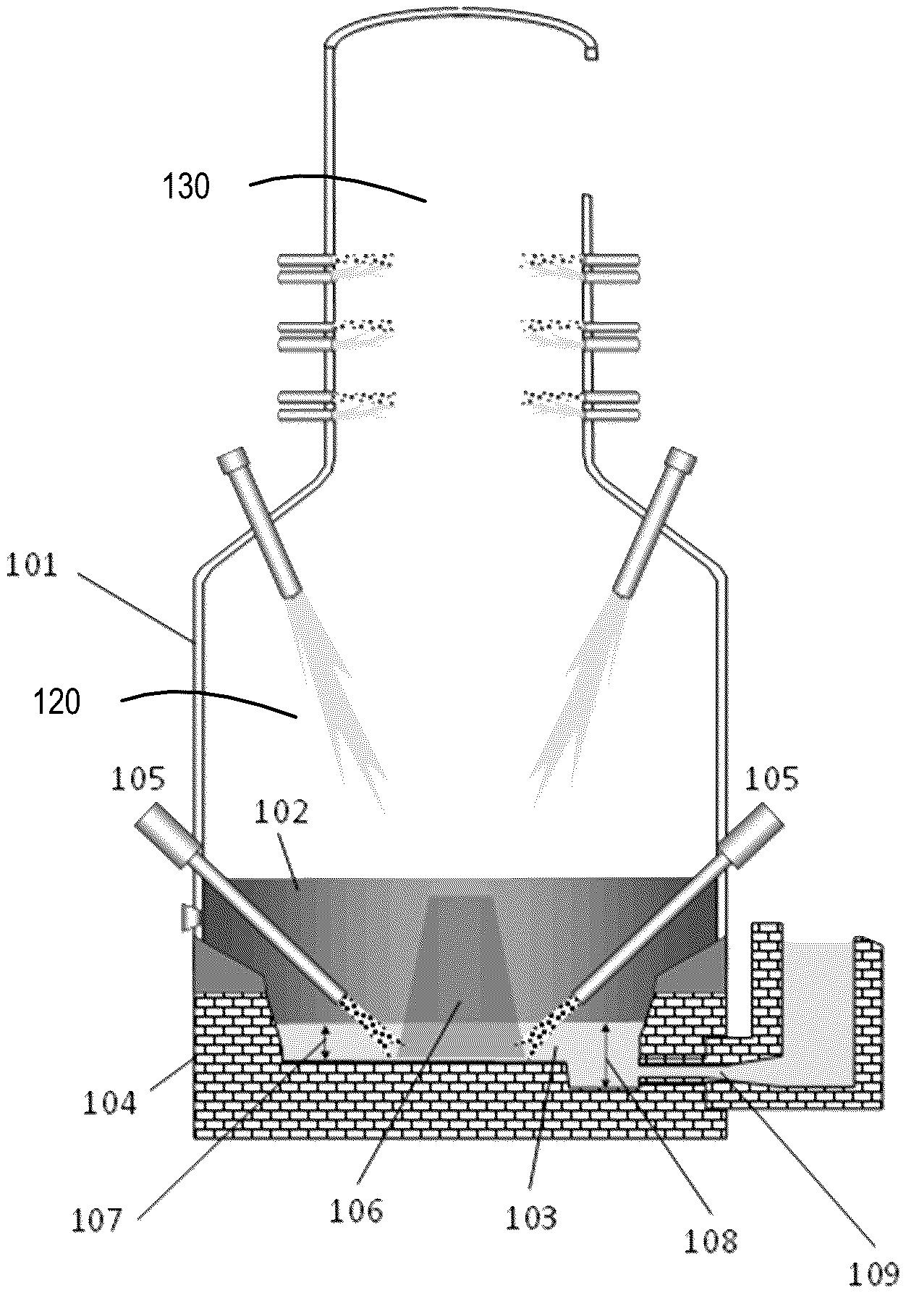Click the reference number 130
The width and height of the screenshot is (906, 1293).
(x=185, y=187)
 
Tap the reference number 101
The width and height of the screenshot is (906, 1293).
(x=32, y=565)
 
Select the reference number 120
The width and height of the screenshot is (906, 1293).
(x=58, y=702)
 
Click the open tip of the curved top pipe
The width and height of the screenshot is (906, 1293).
(x=592, y=54)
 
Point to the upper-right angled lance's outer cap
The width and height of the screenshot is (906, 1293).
(x=680, y=458)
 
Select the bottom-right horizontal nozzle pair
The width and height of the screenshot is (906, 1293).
(x=612, y=405)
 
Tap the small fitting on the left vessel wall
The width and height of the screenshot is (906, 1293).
(x=189, y=918)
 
